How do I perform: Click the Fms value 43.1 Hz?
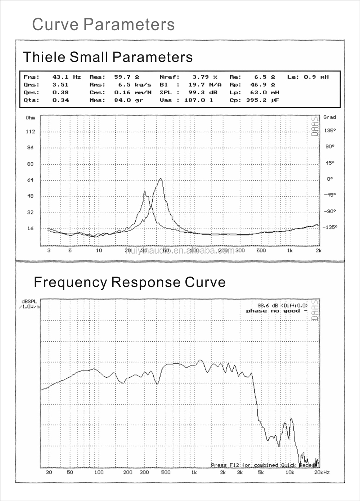(x=67, y=77)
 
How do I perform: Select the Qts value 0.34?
(x=60, y=100)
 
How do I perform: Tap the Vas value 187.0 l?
(x=198, y=100)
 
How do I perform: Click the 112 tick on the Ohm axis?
(x=30, y=132)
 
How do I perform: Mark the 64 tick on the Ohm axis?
(x=30, y=180)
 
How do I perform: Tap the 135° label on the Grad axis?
(x=329, y=131)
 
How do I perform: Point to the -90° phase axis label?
(x=329, y=211)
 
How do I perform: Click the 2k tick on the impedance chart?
(x=318, y=250)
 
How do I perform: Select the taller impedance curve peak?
(x=161, y=179)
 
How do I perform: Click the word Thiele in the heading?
(x=44, y=57)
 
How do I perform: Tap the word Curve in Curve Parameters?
(x=55, y=24)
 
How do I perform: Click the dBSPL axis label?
(x=29, y=301)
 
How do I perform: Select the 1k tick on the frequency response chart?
(x=194, y=472)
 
